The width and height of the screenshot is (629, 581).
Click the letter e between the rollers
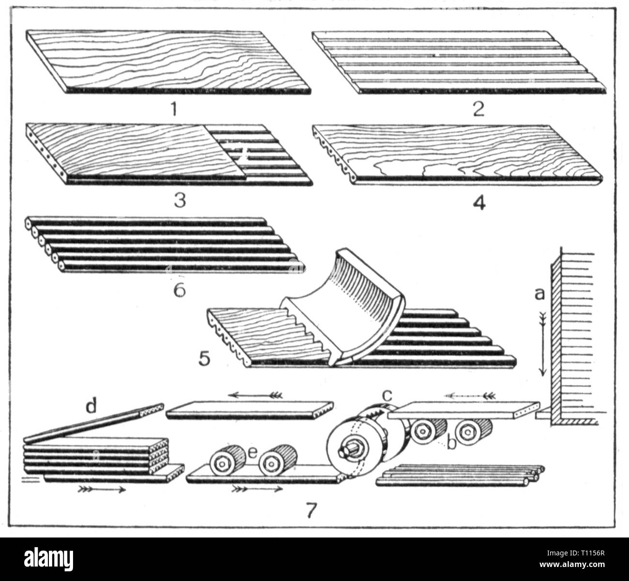(x=251, y=452)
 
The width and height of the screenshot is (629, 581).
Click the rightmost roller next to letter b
(x=472, y=429)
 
